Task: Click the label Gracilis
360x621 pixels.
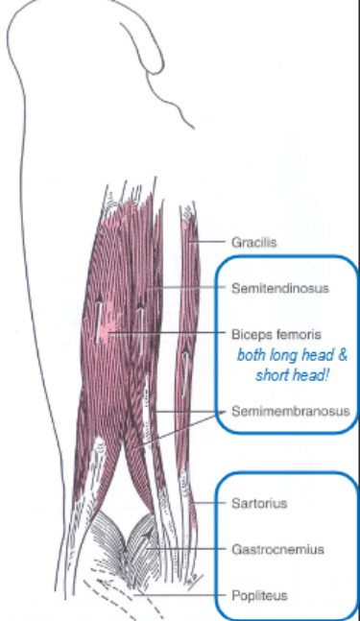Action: pyautogui.click(x=254, y=243)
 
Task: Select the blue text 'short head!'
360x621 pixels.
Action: pyautogui.click(x=289, y=373)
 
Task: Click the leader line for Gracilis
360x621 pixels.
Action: pyautogui.click(x=211, y=243)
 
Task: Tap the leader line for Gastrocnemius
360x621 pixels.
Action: pyautogui.click(x=192, y=550)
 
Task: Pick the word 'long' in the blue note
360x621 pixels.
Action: pyautogui.click(x=280, y=355)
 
